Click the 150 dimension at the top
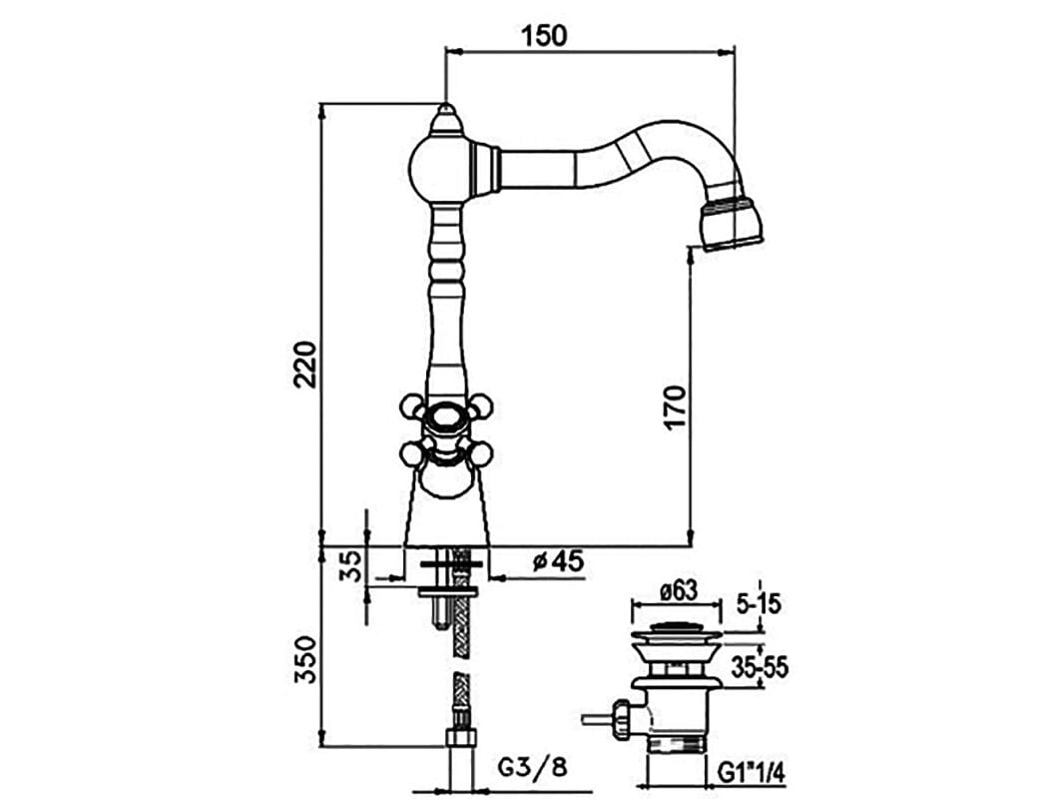543,35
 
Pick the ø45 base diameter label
558,561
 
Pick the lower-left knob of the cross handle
410,454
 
